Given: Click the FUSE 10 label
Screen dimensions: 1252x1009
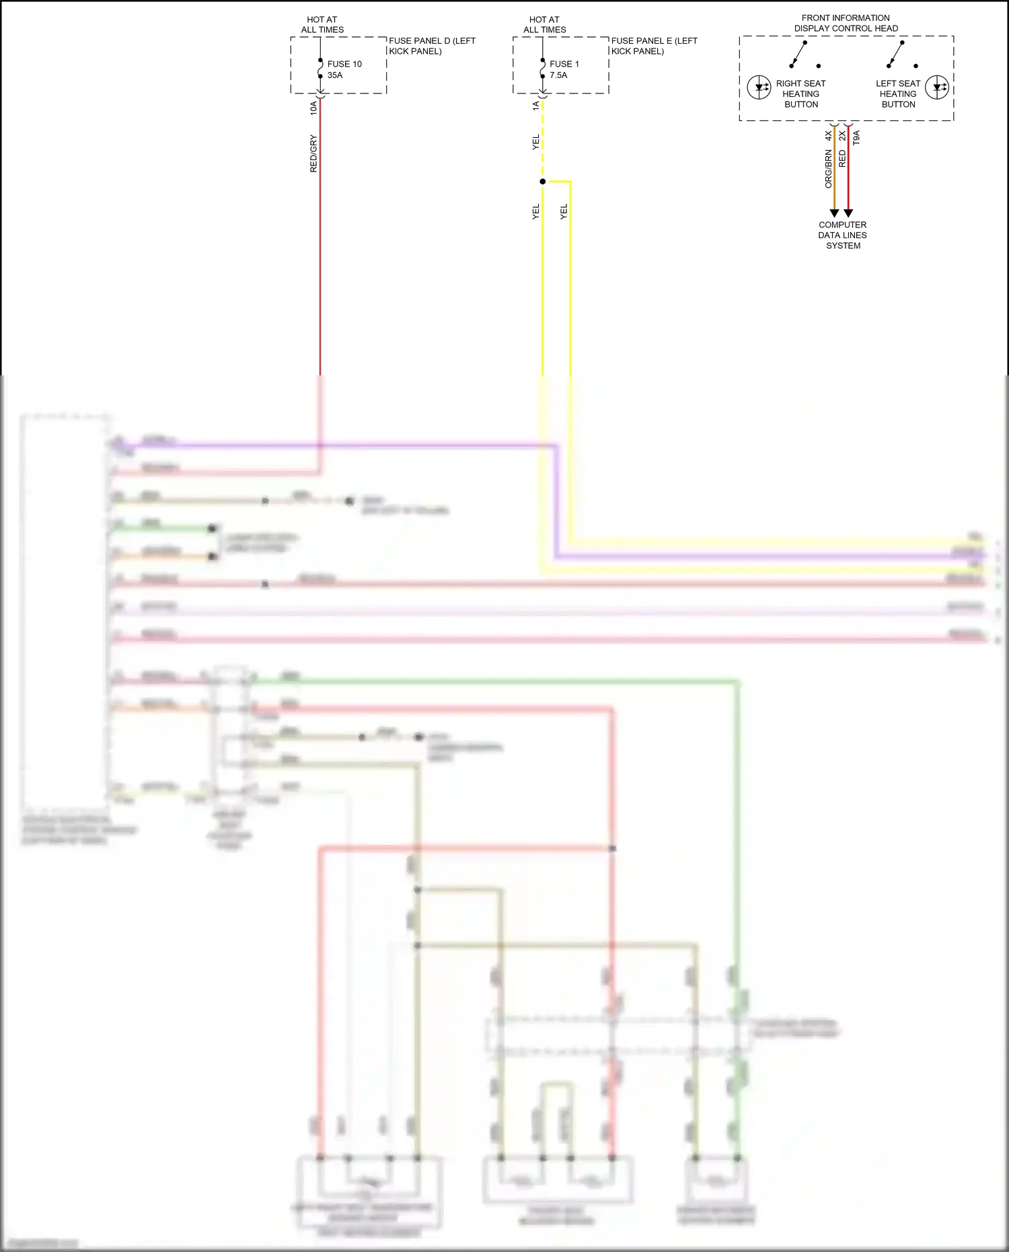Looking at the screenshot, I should pos(344,64).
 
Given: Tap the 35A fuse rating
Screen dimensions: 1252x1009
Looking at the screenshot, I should pos(335,75).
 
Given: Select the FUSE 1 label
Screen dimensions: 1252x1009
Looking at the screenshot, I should pos(564,64).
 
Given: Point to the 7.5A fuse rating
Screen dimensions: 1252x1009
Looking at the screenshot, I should pos(558,75).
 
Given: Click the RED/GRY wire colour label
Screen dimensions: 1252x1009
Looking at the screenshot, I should pos(313,153).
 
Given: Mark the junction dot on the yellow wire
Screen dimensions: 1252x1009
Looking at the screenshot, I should pos(543,182).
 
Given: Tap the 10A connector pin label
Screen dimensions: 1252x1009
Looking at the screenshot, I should pos(313,108).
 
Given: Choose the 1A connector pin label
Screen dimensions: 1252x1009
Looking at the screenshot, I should pos(536,106).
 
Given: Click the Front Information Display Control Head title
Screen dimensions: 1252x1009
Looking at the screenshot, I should pos(846,23).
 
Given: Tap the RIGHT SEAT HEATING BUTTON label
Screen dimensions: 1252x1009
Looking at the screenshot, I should pos(800,94).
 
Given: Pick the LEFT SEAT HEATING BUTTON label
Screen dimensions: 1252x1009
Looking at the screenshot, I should pos(898,94).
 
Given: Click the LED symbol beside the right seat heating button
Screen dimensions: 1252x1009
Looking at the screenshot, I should pos(759,87).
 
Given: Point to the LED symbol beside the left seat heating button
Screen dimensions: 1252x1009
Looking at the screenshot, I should pos(937,87).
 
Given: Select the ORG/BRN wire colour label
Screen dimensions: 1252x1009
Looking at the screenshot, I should pos(829,169).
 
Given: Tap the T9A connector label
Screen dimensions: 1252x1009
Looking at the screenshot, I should pos(856,138).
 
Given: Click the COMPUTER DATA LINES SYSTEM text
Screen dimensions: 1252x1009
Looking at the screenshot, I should pos(843,235).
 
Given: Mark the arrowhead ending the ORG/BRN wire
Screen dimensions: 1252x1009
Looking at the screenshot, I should pos(834,213).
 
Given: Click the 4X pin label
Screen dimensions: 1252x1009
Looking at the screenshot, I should pos(829,135).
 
